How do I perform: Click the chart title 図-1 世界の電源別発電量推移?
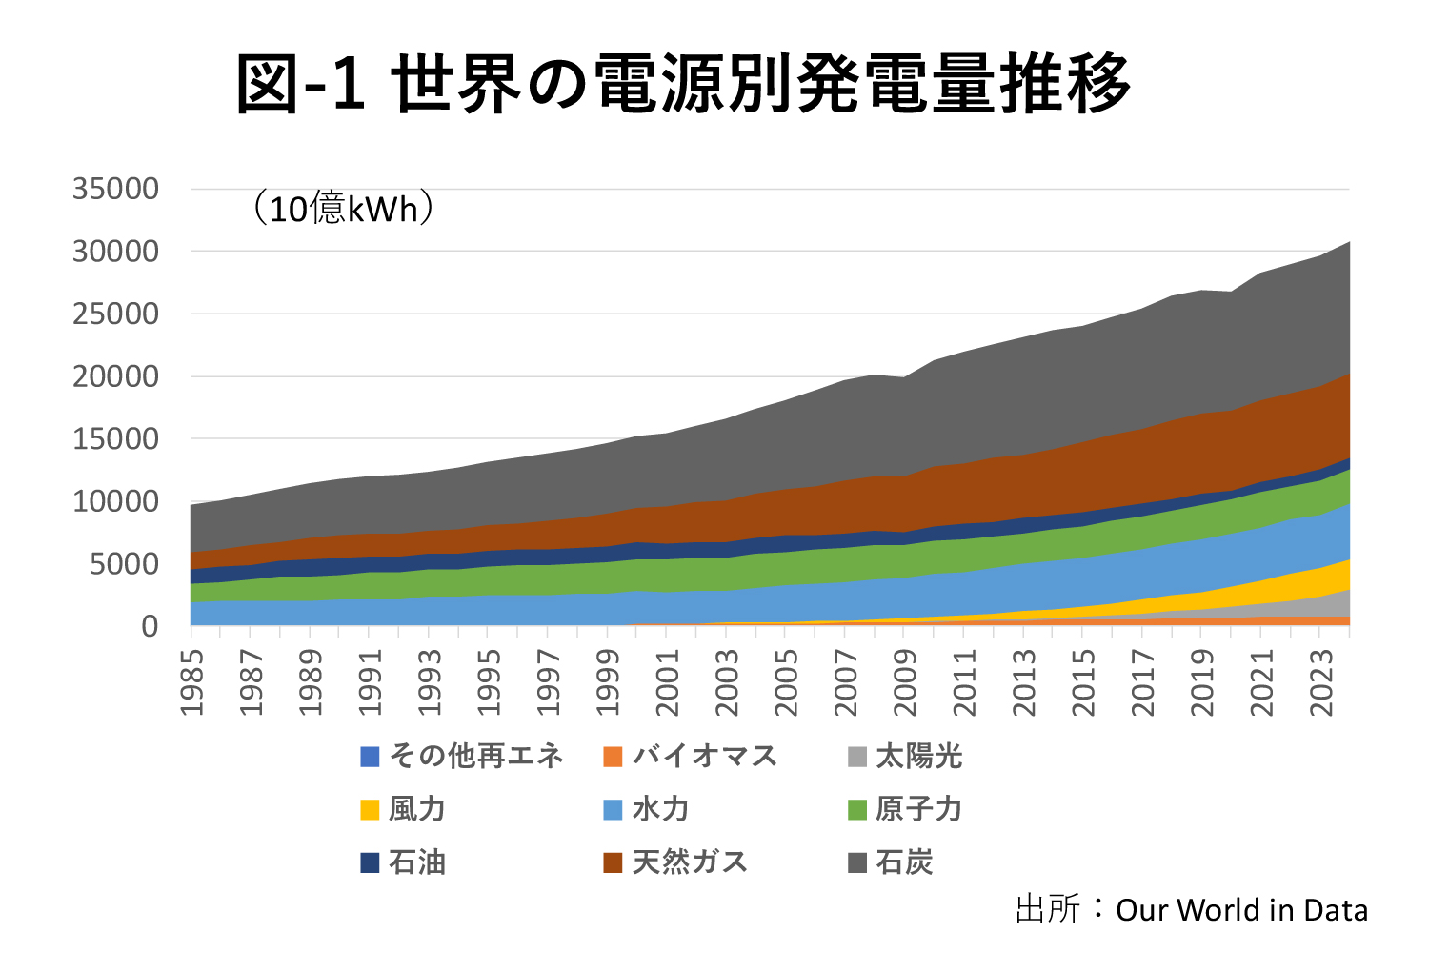(x=682, y=84)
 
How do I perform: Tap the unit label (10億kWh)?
(x=343, y=208)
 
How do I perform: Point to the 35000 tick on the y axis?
(x=115, y=189)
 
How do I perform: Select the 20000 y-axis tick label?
(x=115, y=376)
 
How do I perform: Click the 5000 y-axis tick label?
(x=123, y=564)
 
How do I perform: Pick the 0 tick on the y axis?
(x=150, y=626)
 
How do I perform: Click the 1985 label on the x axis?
(x=192, y=682)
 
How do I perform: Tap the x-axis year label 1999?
(x=608, y=682)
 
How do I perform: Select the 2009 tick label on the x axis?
(x=905, y=682)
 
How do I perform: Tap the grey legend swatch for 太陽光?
(x=857, y=758)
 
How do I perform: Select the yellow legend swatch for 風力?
(x=371, y=810)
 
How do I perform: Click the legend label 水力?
(x=660, y=810)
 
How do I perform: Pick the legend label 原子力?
(x=918, y=810)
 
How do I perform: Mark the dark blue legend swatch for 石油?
(x=371, y=863)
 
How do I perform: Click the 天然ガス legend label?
(x=690, y=863)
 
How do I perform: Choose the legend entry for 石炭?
(x=903, y=863)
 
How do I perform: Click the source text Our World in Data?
(x=1241, y=911)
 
